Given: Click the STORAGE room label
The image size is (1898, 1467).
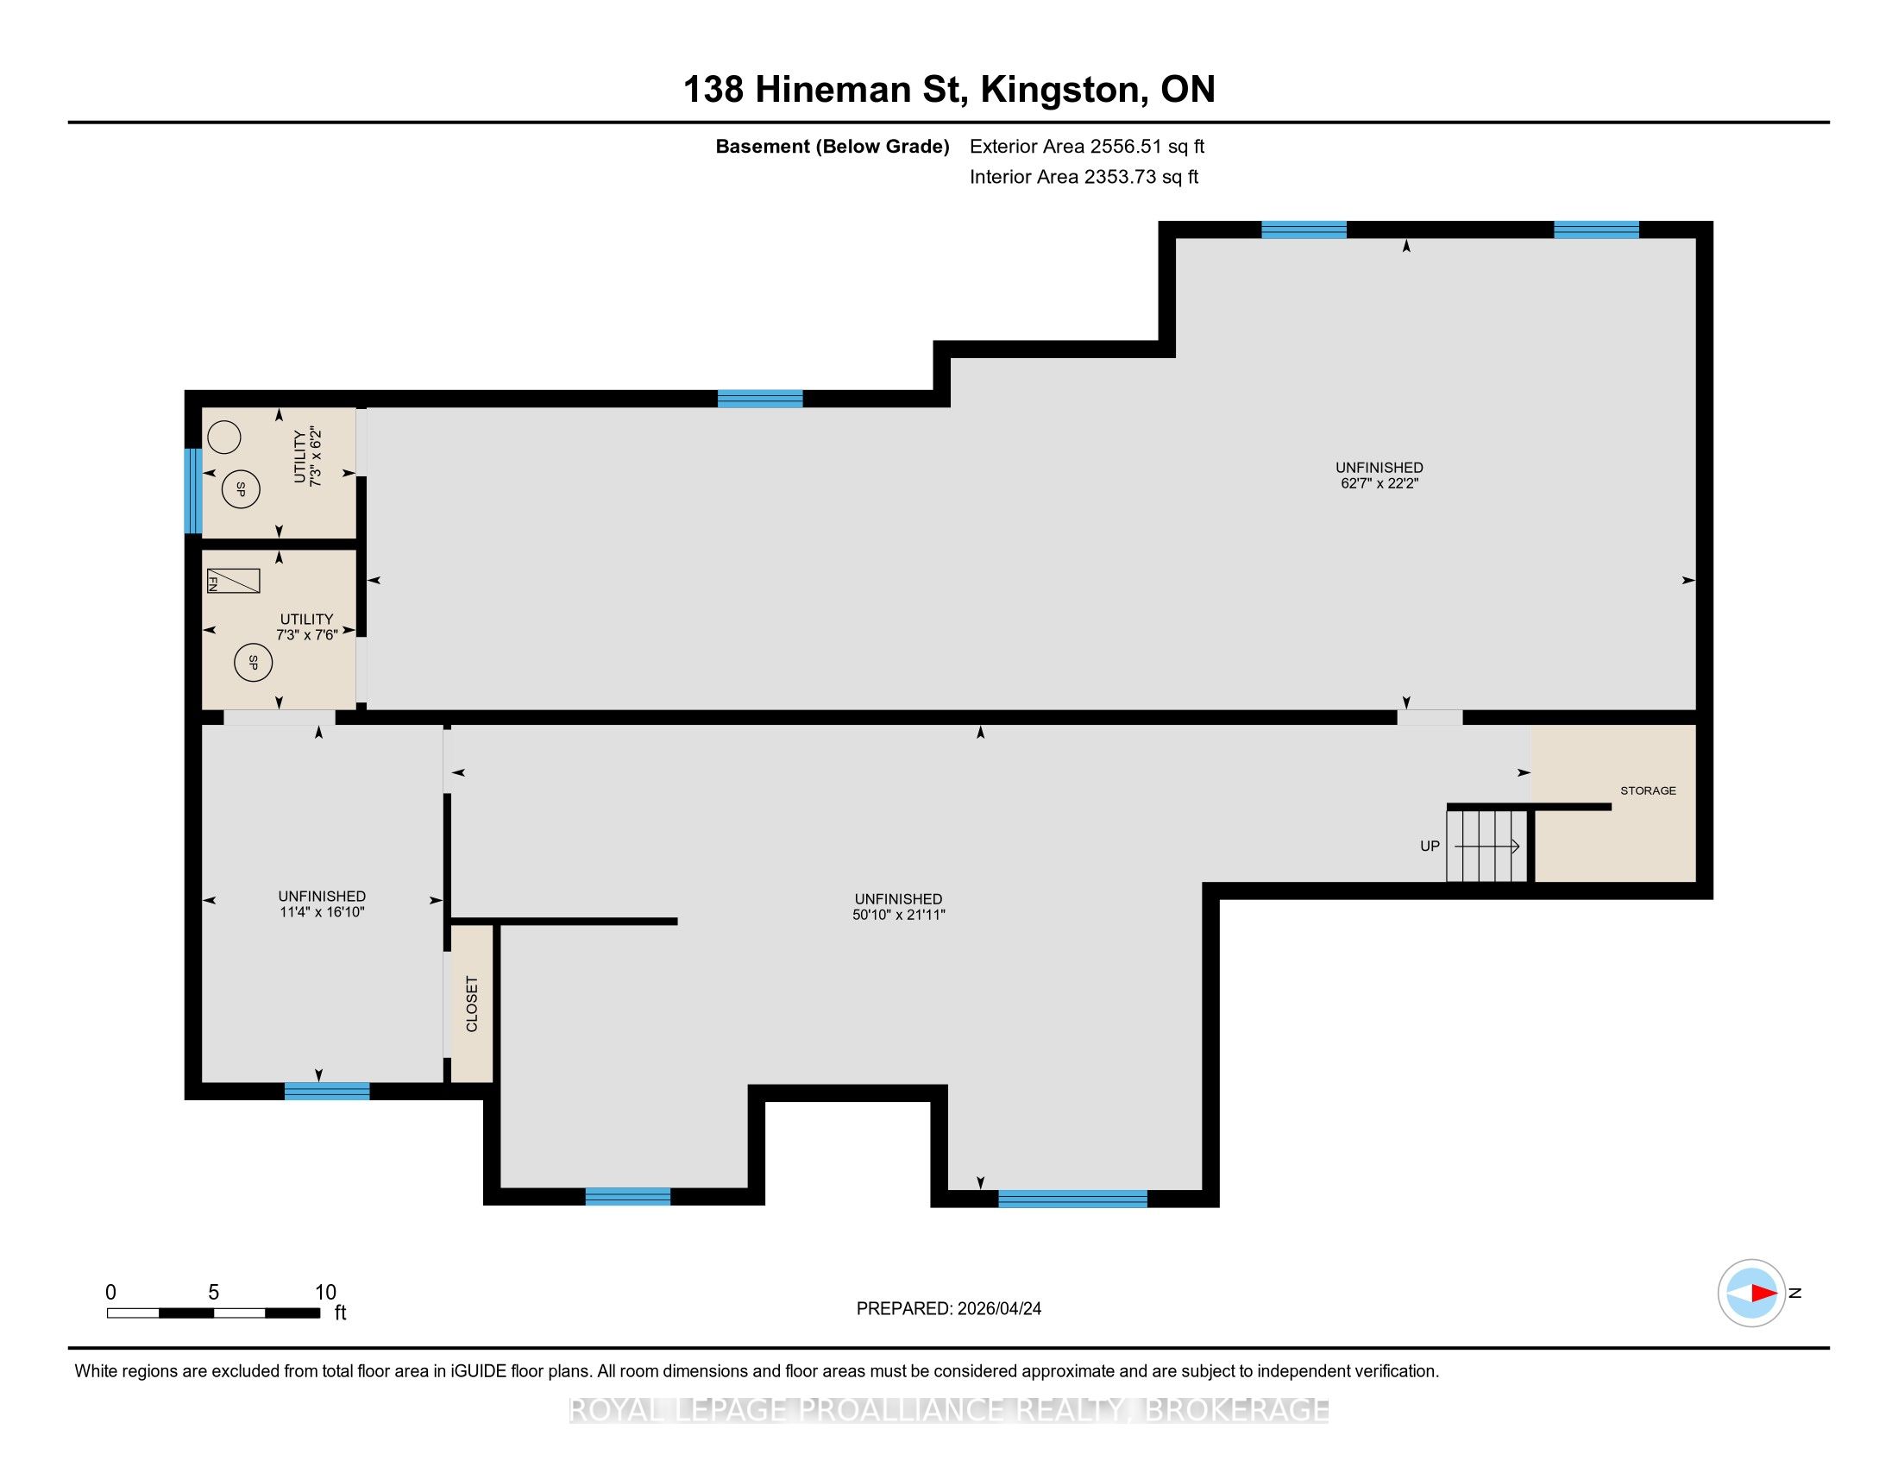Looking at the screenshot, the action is point(1648,790).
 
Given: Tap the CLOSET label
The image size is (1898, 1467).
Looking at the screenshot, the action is point(472,1004).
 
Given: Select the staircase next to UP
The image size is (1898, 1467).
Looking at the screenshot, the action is point(1487,846).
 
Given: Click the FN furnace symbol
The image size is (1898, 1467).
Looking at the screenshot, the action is point(233,581).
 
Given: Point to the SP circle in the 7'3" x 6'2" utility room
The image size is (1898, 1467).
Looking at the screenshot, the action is point(241,489).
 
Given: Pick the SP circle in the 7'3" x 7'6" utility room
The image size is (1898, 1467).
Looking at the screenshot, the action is point(253,663).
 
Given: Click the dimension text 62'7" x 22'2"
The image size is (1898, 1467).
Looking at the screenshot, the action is point(1380,483).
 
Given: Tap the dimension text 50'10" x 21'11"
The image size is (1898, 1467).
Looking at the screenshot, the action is point(899,914).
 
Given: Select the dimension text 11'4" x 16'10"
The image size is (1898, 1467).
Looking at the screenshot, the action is point(322,911).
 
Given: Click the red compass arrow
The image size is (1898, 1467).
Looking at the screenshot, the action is point(1763,1294).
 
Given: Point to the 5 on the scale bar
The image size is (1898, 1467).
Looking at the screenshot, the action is point(213,1293).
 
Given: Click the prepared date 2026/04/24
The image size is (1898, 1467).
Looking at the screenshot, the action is point(998,1309).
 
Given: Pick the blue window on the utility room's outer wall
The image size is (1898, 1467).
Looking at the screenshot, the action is point(193,490).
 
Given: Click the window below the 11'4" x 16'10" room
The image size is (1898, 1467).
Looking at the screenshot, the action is point(327,1091).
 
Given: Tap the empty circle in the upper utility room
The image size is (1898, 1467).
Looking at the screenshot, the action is point(224,438).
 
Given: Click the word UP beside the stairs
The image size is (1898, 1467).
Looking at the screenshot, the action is point(1430,846).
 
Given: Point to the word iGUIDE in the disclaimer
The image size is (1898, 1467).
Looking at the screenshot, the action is point(479,1371).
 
